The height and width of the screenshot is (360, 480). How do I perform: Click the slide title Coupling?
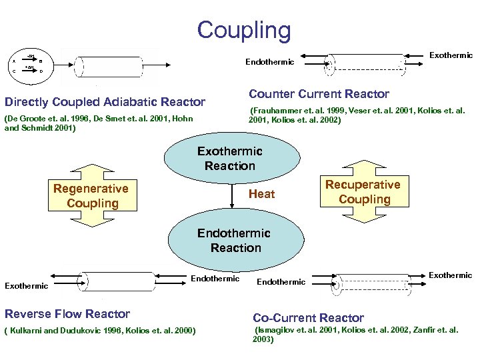click(244, 31)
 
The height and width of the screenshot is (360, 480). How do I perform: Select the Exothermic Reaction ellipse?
click(230, 159)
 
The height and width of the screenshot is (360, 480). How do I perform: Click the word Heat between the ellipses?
click(261, 194)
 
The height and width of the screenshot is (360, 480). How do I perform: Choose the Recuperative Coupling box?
click(363, 192)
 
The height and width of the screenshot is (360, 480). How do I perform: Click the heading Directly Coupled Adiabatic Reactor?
click(105, 102)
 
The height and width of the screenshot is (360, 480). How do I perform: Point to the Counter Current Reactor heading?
click(319, 94)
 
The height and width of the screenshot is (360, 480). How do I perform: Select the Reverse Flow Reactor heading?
click(67, 313)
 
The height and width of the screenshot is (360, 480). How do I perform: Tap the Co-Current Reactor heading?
click(308, 318)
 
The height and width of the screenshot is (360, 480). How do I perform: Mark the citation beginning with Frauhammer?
click(356, 115)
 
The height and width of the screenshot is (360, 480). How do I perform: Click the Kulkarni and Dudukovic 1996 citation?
click(100, 330)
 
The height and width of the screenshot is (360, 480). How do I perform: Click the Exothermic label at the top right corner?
click(451, 55)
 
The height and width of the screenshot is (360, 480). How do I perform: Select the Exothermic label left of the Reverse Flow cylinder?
click(27, 286)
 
